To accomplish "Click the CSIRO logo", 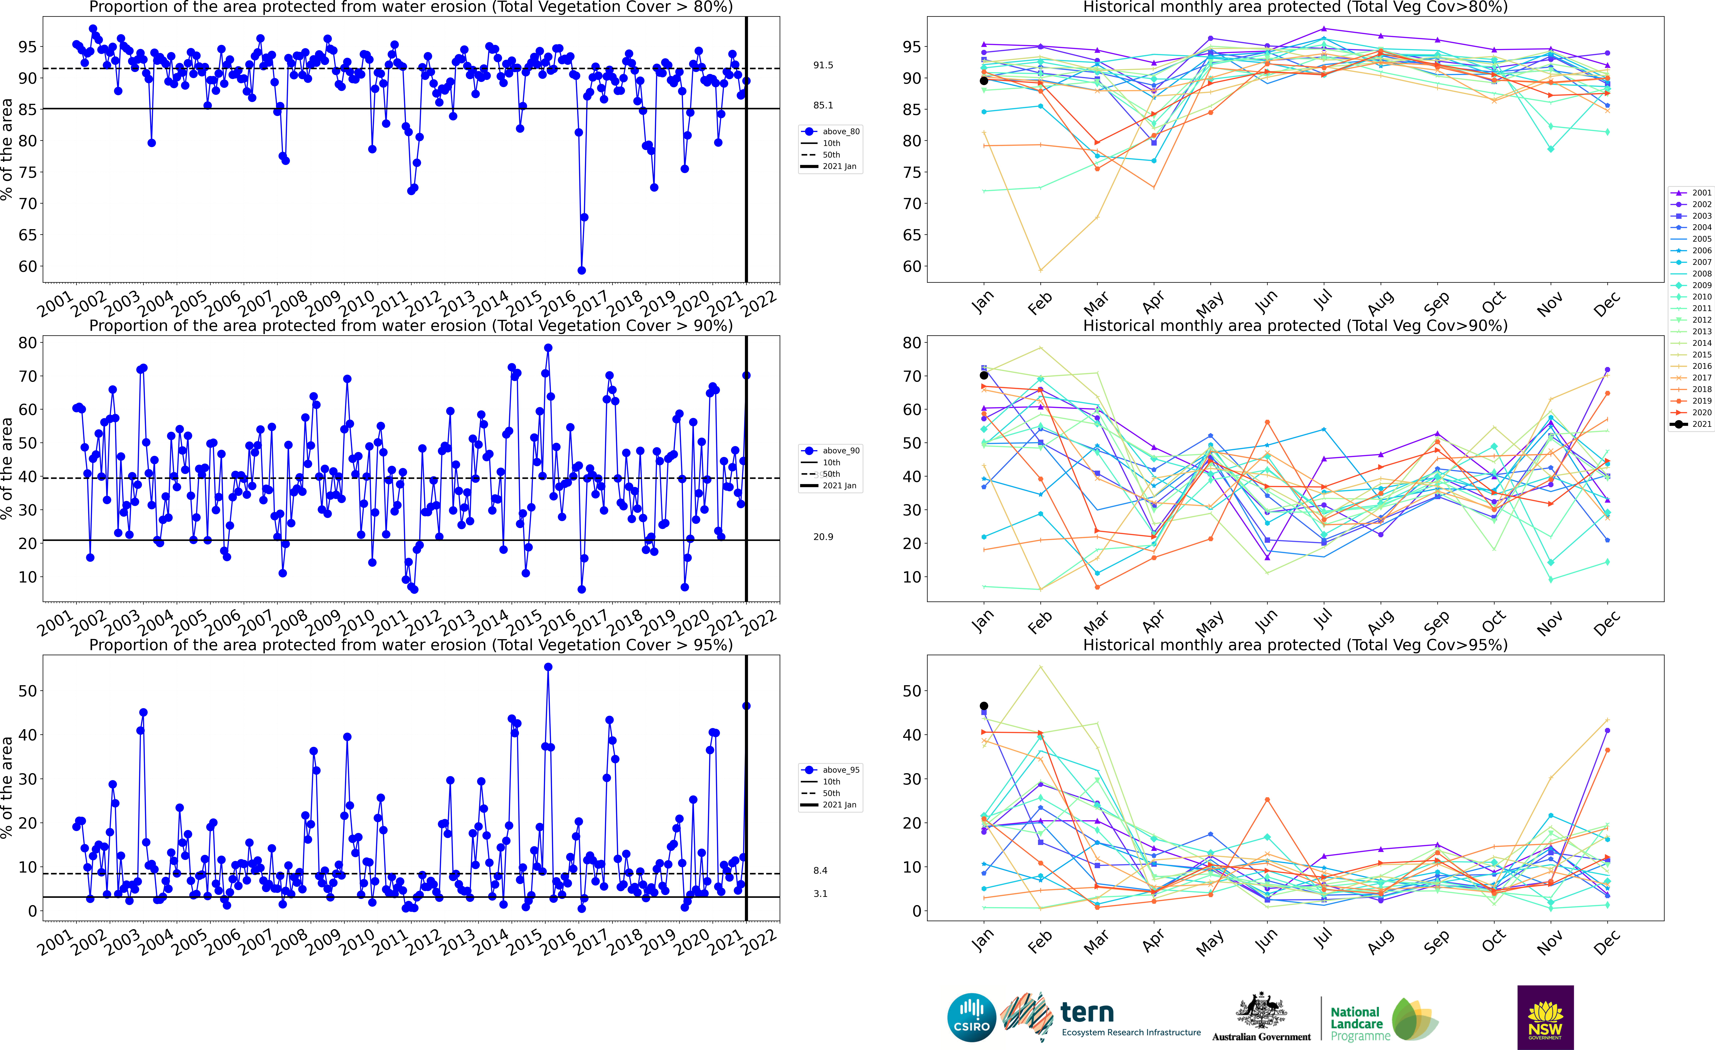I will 972,1017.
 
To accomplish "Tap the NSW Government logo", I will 1545,1017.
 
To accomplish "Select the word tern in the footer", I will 1087,1012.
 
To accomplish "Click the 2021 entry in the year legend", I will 1695,424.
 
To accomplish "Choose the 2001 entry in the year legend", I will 1695,193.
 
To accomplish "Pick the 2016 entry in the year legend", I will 1695,366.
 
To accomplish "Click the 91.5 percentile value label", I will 823,66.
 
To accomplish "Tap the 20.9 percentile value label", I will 823,537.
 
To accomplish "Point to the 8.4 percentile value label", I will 820,870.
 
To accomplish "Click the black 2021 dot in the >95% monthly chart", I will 984,706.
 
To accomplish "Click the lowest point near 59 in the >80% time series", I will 581,270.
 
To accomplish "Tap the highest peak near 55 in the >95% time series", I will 548,667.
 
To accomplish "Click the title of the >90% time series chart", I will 411,326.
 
